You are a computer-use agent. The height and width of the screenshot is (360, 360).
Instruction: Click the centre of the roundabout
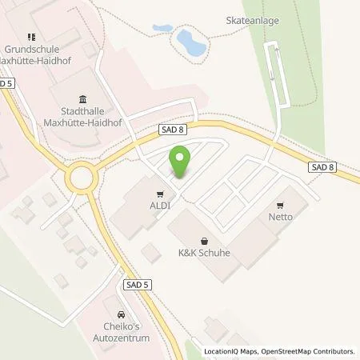(81, 177)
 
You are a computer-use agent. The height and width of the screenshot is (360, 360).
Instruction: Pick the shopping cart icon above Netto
(281, 204)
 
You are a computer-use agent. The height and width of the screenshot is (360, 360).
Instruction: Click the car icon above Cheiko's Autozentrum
(121, 315)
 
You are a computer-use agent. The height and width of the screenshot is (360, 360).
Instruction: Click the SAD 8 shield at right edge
(320, 167)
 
